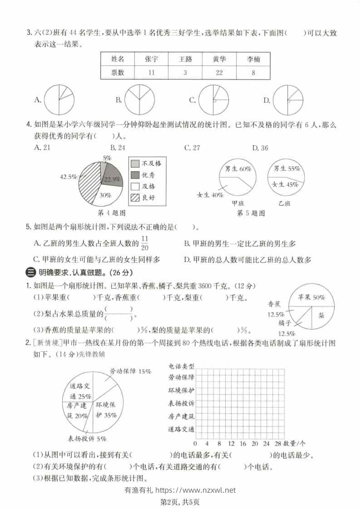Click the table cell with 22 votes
point(219,73)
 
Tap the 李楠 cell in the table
point(253,59)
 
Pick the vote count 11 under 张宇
point(151,73)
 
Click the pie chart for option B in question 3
point(140,100)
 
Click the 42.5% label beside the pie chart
point(68,177)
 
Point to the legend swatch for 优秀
point(135,175)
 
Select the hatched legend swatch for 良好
point(135,197)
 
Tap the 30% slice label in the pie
point(106,196)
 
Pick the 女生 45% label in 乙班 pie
point(285,184)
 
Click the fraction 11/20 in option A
point(145,243)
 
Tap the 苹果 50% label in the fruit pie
point(311,298)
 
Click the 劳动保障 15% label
point(130,371)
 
